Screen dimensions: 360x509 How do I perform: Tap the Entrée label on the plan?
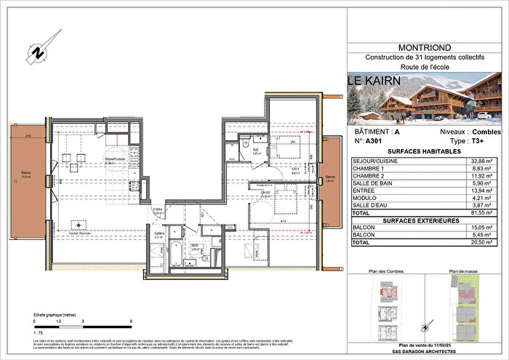coord(157,209)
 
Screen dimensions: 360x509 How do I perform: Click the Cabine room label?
coord(158,234)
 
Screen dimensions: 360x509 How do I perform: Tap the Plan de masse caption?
coord(465,271)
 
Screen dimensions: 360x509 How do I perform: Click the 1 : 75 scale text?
coord(40,329)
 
